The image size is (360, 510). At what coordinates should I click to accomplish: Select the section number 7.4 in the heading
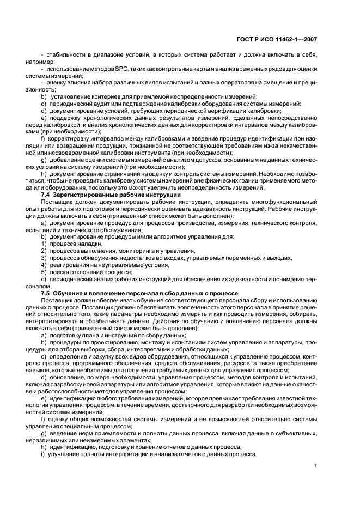click(46, 195)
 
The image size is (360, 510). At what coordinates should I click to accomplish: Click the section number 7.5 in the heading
click(46, 294)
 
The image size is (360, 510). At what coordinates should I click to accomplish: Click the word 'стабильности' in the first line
click(63, 55)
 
